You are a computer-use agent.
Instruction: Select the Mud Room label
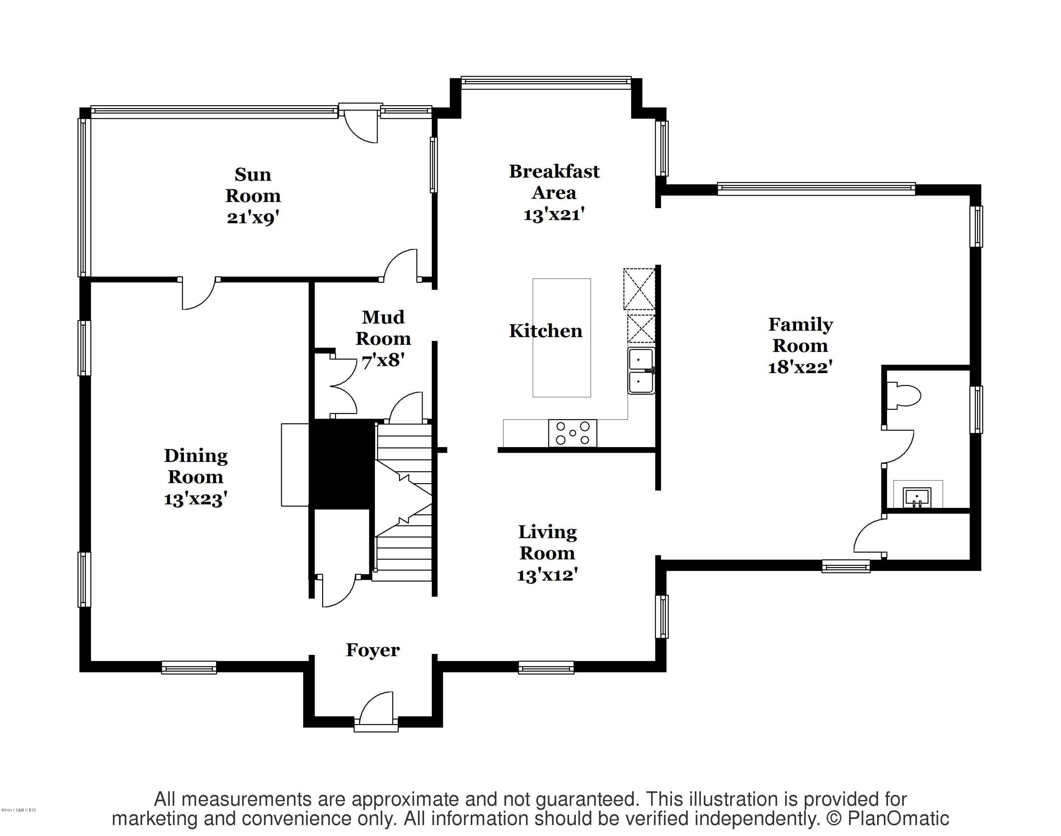point(383,328)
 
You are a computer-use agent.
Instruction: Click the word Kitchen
point(545,331)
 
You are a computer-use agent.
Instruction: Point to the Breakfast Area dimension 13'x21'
point(554,215)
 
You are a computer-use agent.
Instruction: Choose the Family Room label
point(800,335)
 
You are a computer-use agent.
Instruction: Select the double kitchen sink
point(641,371)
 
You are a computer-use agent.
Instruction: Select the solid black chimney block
point(341,464)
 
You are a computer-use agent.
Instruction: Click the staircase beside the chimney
point(404,502)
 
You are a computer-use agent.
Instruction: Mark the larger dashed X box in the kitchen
point(639,289)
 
